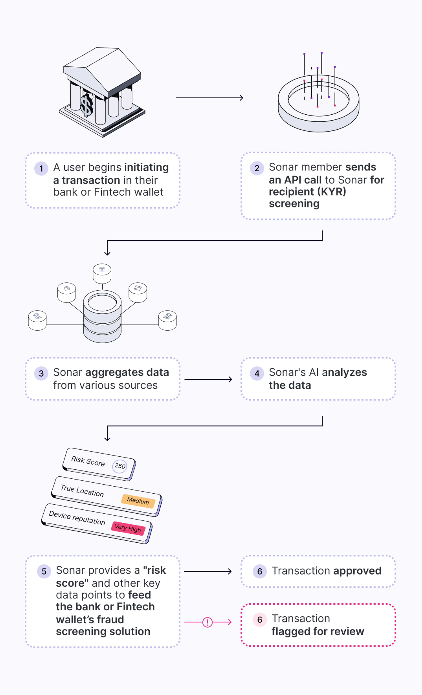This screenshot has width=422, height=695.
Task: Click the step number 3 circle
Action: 41,373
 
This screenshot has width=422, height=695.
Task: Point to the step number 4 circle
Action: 257,373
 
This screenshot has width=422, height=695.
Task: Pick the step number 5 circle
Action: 44,571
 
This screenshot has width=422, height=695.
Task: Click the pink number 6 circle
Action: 260,620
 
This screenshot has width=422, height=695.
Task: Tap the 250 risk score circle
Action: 120,466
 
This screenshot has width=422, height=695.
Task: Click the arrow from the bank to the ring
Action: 209,98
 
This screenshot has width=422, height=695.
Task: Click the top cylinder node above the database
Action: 102,274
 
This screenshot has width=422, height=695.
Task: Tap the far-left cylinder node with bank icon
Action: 37,320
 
